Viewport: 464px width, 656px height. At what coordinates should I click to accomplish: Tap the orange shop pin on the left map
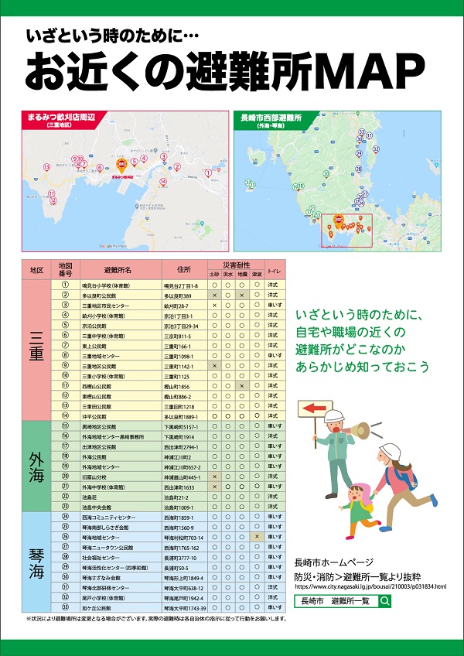pyautogui.click(x=121, y=166)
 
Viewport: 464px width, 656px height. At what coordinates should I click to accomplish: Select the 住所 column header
pyautogui.click(x=183, y=270)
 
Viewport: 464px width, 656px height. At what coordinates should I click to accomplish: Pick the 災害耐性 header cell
pyautogui.click(x=236, y=265)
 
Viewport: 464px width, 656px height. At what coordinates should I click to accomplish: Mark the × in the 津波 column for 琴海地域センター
pyautogui.click(x=256, y=537)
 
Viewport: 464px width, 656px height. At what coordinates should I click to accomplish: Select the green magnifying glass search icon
pyautogui.click(x=385, y=600)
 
